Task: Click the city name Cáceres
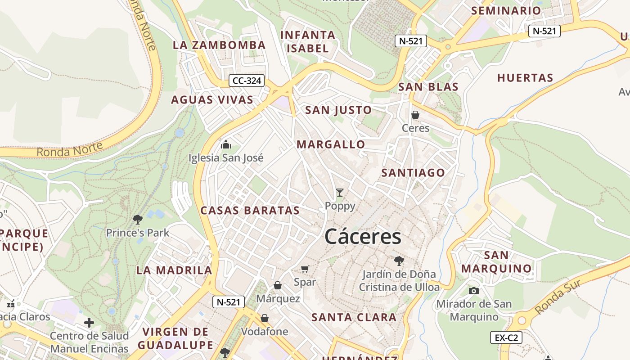363,237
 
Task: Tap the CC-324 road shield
246,81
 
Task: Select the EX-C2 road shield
506,337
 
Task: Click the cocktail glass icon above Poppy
340,193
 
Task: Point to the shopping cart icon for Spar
305,269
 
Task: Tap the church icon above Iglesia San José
226,144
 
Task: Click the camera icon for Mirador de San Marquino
473,291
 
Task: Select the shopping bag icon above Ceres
415,115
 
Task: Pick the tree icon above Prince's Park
138,219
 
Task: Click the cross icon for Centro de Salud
89,322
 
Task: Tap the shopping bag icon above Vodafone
265,318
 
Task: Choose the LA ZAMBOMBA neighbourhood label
219,45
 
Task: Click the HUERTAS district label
525,78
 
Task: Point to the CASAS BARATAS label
250,210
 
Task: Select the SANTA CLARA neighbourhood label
354,317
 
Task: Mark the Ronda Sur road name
558,297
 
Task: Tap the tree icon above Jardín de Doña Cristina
399,261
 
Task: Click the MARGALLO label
331,144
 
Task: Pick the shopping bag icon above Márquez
278,285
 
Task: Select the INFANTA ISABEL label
308,41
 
